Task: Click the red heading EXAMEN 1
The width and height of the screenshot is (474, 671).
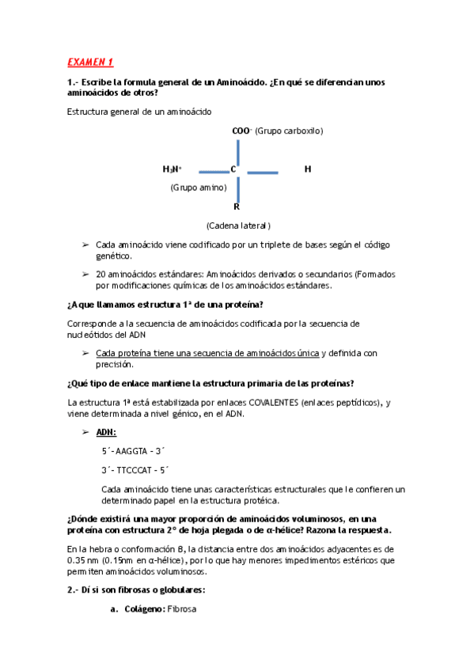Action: pos(90,62)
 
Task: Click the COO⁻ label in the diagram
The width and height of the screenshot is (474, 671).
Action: pos(241,131)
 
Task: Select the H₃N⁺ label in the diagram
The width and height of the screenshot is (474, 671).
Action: pos(172,169)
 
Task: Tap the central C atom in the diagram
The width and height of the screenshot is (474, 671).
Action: pos(233,169)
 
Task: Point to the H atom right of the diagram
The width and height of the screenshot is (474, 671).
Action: pos(308,169)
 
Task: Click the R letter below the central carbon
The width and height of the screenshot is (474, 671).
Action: pos(237,207)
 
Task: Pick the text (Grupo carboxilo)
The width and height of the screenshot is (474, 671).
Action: pos(289,131)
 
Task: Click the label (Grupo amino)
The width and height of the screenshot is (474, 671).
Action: pos(199,188)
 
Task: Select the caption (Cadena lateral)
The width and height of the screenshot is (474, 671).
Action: pos(238,226)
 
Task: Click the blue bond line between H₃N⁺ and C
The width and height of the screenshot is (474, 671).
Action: pos(213,171)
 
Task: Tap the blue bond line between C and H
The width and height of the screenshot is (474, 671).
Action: pos(263,172)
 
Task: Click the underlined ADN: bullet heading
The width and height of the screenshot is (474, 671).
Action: pos(106,433)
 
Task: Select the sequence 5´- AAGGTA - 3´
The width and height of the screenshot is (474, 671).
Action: pos(135,451)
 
